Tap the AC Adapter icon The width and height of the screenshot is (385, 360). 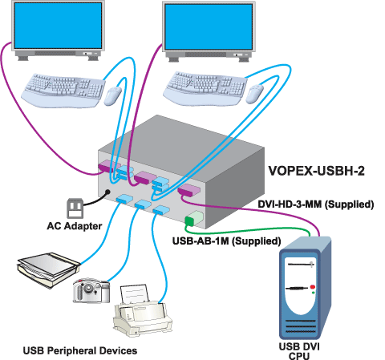75,209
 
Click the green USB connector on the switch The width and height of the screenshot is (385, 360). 192,220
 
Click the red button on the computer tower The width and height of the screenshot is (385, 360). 312,287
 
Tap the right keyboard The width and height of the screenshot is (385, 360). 206,84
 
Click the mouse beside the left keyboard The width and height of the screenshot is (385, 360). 112,96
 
